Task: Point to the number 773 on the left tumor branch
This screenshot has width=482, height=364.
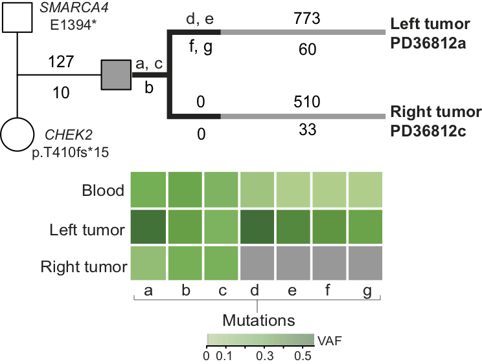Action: pos(306,19)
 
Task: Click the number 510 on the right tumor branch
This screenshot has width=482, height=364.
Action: pos(306,103)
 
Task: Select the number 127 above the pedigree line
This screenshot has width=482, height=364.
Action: pos(60,63)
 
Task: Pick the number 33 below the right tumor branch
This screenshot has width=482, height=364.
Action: pos(306,130)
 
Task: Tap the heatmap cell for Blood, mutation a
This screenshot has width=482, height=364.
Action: pos(149,189)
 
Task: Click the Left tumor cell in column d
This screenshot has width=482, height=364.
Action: pos(257,226)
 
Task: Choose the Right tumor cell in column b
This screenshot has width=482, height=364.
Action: pos(185,263)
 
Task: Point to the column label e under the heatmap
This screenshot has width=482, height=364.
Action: pos(293,291)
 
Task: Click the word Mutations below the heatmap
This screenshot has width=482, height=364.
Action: pos(258,320)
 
